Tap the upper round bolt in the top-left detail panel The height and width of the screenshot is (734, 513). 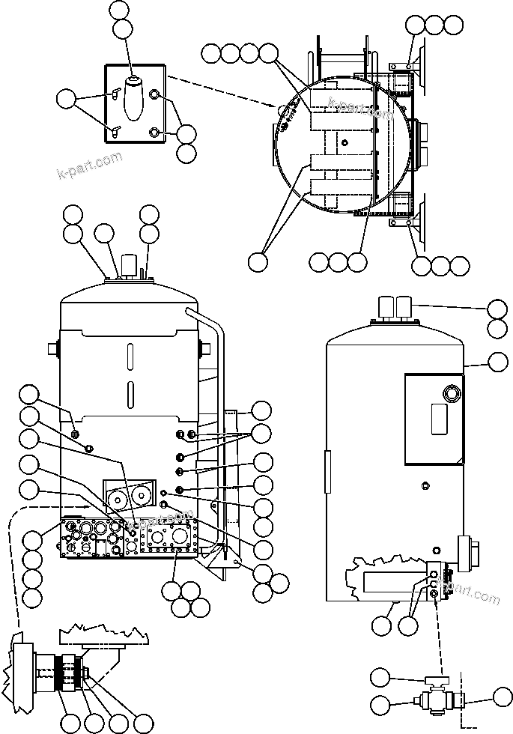pos(154,95)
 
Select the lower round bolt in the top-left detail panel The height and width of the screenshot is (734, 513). pos(154,132)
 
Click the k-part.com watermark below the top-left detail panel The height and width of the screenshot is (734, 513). pos(88,166)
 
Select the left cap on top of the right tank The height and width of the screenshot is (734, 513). pos(387,306)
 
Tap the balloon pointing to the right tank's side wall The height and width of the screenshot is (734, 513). pos(497,363)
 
